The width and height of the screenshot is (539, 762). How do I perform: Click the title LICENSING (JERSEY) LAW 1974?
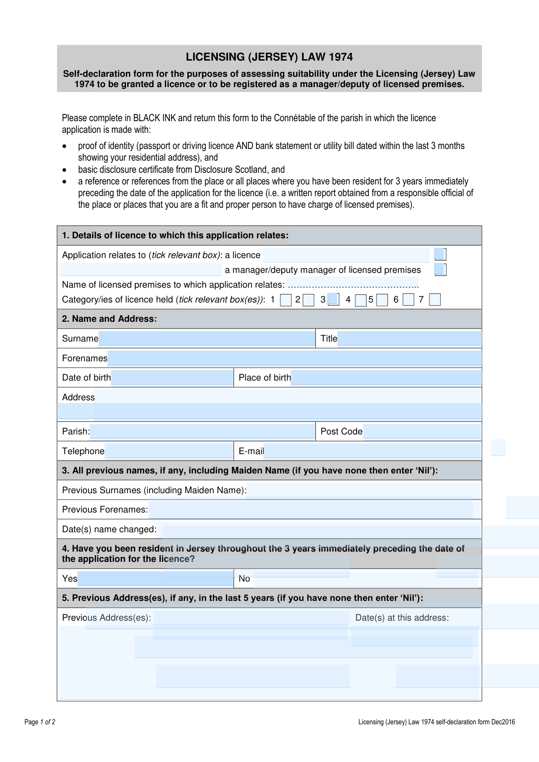click(x=269, y=57)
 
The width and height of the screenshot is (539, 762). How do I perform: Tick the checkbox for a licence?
click(x=440, y=255)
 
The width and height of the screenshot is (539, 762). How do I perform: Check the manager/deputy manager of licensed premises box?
click(x=440, y=270)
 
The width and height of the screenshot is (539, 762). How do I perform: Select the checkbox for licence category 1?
click(x=286, y=300)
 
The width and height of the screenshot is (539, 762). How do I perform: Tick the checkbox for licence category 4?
click(x=360, y=300)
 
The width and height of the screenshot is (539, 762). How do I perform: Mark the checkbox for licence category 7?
click(x=435, y=300)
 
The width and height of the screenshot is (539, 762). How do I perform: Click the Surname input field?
click(x=207, y=338)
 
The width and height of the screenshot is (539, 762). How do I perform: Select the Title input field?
click(x=409, y=338)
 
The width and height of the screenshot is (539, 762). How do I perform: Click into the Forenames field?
click(x=294, y=358)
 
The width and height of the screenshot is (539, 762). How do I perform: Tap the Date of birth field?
click(x=172, y=377)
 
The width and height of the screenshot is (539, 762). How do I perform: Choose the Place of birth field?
click(x=386, y=377)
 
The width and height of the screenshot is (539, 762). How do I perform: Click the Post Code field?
click(x=422, y=431)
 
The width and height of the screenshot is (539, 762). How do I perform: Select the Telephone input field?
click(x=168, y=451)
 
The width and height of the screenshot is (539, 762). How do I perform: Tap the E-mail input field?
click(x=372, y=451)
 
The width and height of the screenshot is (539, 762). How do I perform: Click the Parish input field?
click(x=202, y=431)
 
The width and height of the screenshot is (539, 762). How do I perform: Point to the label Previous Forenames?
click(x=105, y=510)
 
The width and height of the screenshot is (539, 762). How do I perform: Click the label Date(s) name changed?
click(x=109, y=530)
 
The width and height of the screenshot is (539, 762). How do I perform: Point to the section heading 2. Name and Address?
click(x=109, y=319)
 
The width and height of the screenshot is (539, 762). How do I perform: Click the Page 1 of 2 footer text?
click(x=40, y=722)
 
